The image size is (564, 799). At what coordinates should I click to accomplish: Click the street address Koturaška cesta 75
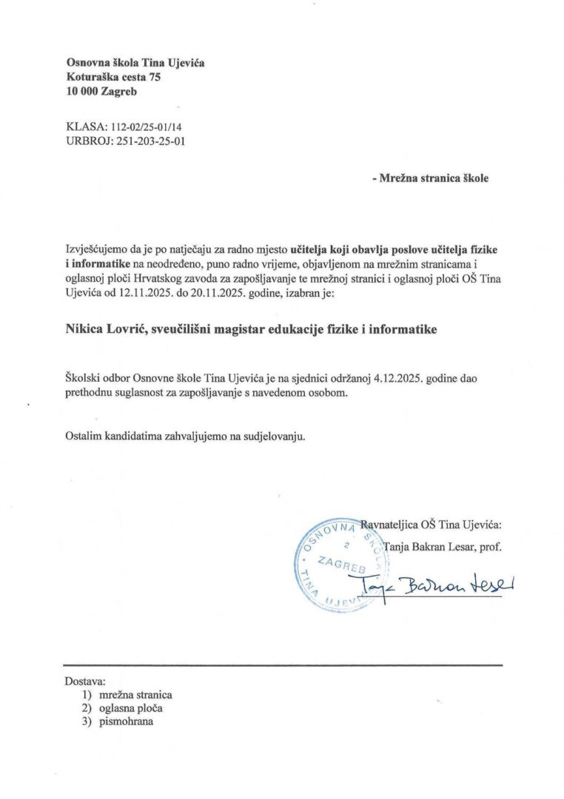coord(113,77)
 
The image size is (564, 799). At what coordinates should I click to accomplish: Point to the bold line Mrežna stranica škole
coord(430,178)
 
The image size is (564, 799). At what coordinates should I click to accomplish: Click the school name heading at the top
coord(135,63)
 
